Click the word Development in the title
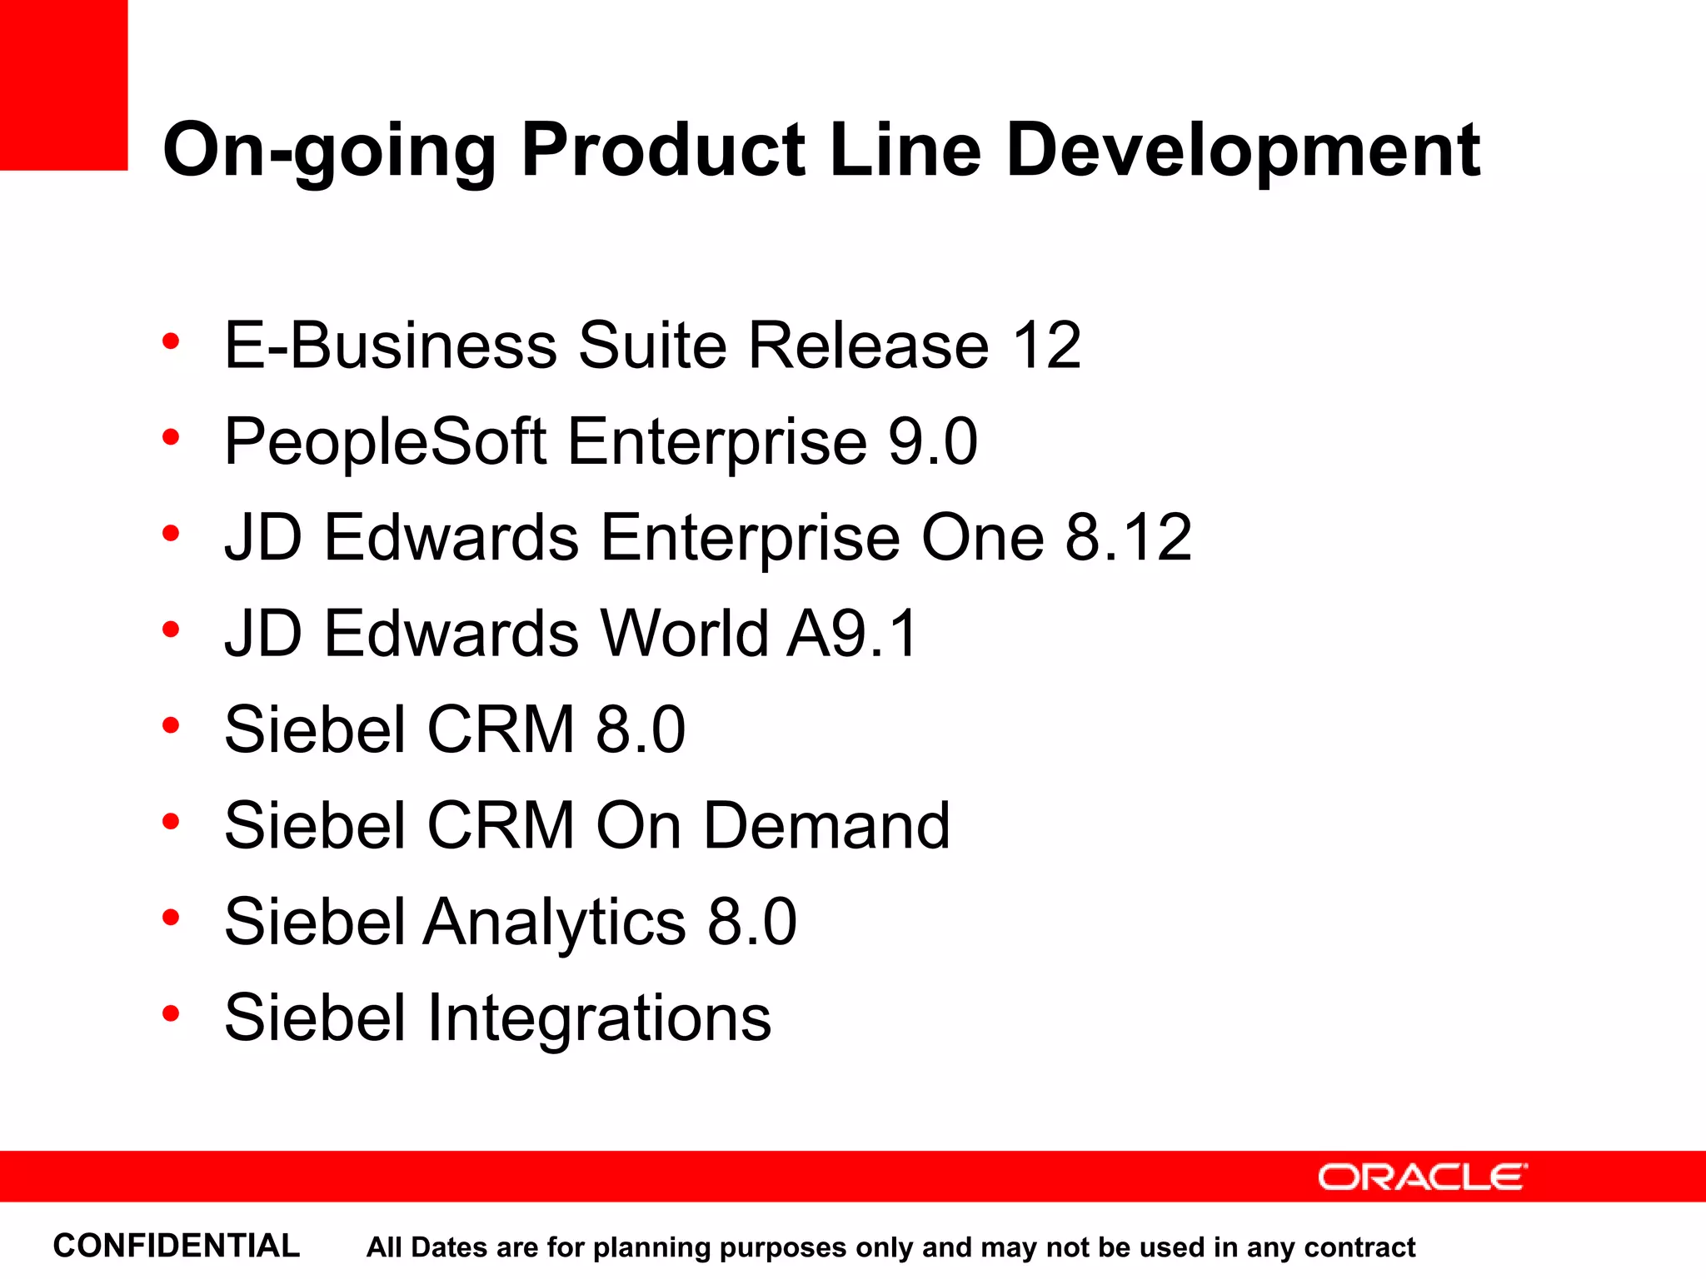tap(1242, 152)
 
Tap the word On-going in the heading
tap(329, 152)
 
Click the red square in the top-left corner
tap(63, 84)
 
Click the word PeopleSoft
tap(385, 441)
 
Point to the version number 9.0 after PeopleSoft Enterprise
tap(932, 441)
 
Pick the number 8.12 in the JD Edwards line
tap(1128, 537)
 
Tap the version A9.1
tap(853, 634)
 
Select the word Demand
tap(826, 825)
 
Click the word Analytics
tap(555, 922)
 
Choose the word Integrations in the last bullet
tap(598, 1018)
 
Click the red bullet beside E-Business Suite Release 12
tap(171, 341)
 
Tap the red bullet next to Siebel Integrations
tap(171, 1013)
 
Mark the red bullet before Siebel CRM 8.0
tap(171, 725)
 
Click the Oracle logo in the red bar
tap(1422, 1177)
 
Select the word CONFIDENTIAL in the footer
tap(176, 1246)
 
